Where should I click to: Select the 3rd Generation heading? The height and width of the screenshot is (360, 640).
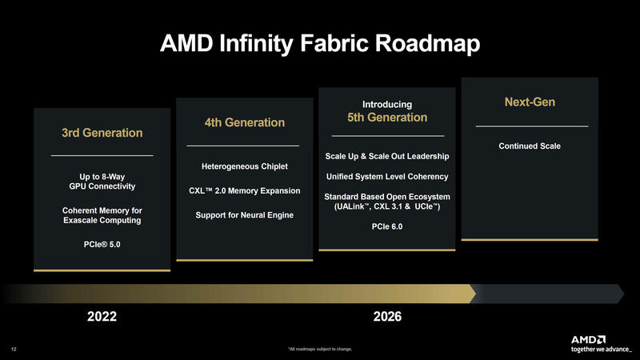pyautogui.click(x=102, y=132)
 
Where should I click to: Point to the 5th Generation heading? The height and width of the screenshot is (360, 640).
pyautogui.click(x=387, y=118)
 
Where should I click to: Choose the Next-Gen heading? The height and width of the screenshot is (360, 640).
pyautogui.click(x=529, y=102)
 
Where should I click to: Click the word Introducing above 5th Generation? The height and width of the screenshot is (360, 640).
pyautogui.click(x=387, y=104)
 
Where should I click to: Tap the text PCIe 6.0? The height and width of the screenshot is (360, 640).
pyautogui.click(x=387, y=227)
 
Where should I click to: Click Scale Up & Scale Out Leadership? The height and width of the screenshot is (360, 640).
pyautogui.click(x=387, y=155)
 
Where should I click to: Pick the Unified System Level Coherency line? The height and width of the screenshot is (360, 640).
pyautogui.click(x=387, y=176)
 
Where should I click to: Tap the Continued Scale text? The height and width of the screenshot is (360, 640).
pyautogui.click(x=529, y=146)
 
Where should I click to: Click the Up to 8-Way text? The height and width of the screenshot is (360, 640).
pyautogui.click(x=102, y=175)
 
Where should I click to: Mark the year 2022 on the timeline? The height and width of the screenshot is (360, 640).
pyautogui.click(x=102, y=317)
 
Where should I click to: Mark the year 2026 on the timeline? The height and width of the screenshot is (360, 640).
pyautogui.click(x=387, y=317)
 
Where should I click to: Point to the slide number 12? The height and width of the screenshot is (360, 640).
pyautogui.click(x=14, y=349)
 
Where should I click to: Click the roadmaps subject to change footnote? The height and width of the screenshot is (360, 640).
pyautogui.click(x=319, y=350)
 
